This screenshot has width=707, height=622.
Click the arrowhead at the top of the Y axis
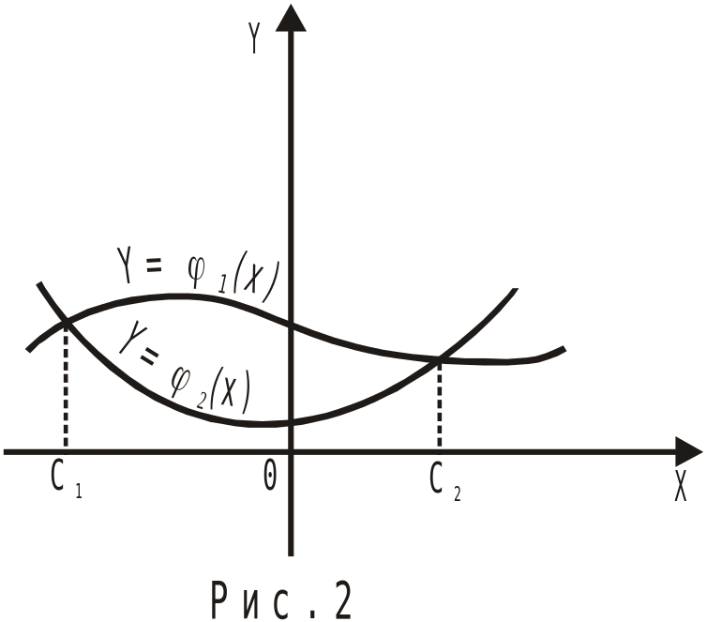click(x=292, y=16)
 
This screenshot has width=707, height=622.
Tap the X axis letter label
click(x=681, y=486)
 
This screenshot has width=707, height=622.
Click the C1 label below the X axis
click(x=65, y=479)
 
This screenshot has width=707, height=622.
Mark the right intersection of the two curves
click(x=439, y=357)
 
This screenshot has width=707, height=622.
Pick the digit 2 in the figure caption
click(x=340, y=600)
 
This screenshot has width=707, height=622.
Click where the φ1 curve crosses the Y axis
click(x=292, y=326)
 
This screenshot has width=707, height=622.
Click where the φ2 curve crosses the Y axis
click(x=292, y=423)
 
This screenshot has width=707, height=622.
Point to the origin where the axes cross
click(x=292, y=451)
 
